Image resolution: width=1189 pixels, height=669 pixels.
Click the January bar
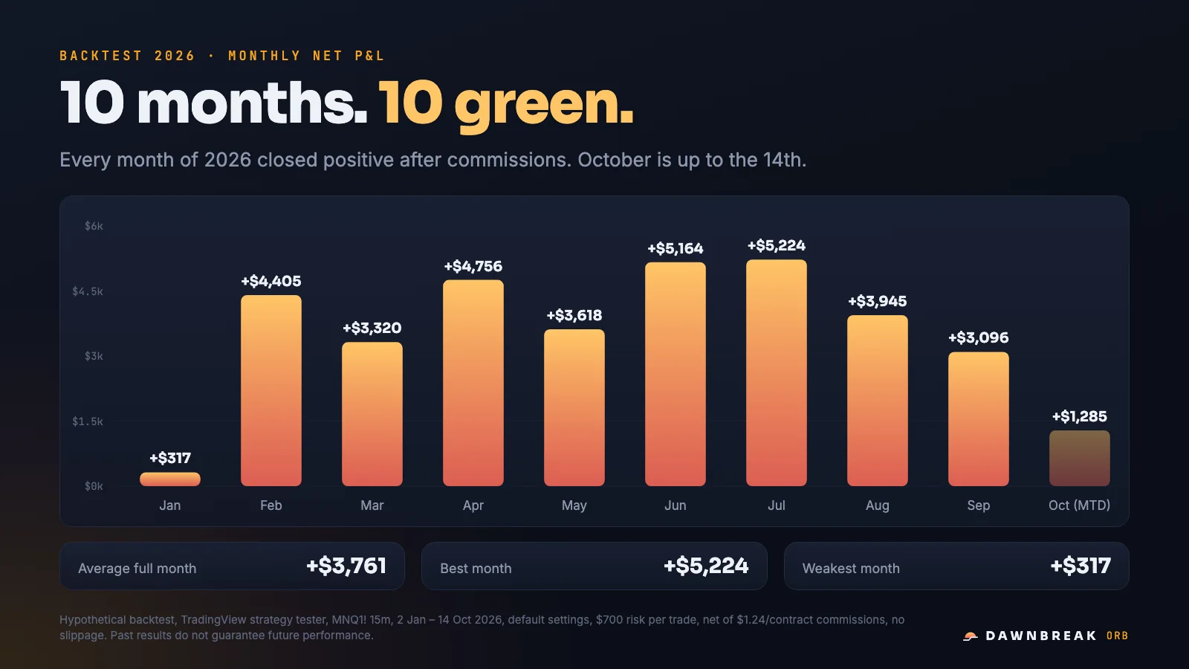coord(170,479)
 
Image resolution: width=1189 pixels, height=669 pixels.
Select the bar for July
coord(776,372)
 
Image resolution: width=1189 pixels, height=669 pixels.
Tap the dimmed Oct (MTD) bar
coord(1079,458)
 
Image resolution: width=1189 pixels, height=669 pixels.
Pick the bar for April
coord(473,383)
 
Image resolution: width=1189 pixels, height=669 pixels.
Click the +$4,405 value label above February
coord(270,281)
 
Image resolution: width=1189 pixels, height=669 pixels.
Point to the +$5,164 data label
coord(676,248)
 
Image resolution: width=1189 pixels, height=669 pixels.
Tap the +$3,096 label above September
coord(978,337)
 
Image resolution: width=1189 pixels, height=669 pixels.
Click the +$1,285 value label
coord(1079,416)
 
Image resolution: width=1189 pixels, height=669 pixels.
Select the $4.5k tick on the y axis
coord(88,291)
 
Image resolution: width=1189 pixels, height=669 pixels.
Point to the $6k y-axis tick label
coord(94,226)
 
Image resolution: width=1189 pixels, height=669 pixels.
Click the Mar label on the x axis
coord(372,505)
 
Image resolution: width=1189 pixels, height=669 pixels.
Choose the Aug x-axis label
coord(877,505)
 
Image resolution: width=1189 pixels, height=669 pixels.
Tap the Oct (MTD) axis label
coord(1079,505)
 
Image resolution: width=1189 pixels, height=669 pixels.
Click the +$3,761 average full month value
coord(346,566)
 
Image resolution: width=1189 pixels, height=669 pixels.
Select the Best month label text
coord(476,568)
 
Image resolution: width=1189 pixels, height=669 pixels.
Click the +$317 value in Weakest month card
coord(1081,566)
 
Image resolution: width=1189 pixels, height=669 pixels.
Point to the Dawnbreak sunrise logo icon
coord(971,636)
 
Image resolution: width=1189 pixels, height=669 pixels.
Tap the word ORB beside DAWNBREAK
coord(1118,636)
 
